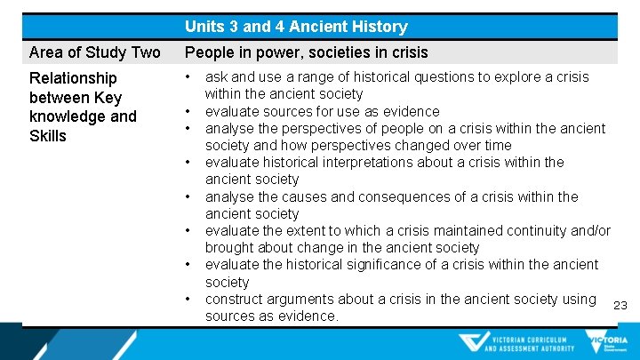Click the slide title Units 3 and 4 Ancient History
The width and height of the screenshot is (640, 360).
pyautogui.click(x=296, y=27)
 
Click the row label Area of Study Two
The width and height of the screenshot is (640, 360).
pyautogui.click(x=95, y=52)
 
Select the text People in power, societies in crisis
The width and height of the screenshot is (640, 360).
pyautogui.click(x=306, y=52)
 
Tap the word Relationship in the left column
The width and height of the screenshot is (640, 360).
pyautogui.click(x=73, y=78)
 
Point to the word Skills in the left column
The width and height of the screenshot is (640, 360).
pyautogui.click(x=48, y=135)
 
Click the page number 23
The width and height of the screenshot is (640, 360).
pyautogui.click(x=620, y=306)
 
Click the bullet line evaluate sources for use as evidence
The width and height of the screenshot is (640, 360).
pyautogui.click(x=322, y=111)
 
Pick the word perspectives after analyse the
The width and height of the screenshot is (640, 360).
pyautogui.click(x=322, y=128)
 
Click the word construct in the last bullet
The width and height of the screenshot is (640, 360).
pyautogui.click(x=234, y=299)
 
